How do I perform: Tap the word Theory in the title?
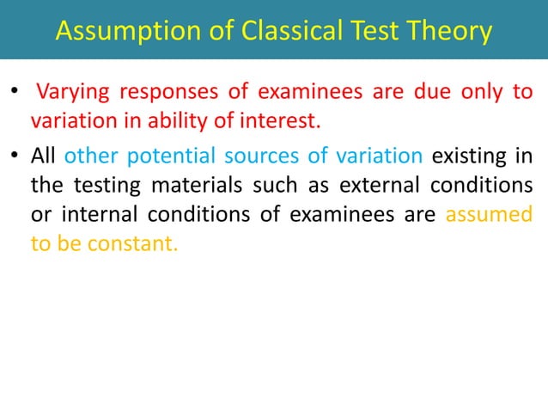pyautogui.click(x=450, y=31)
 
